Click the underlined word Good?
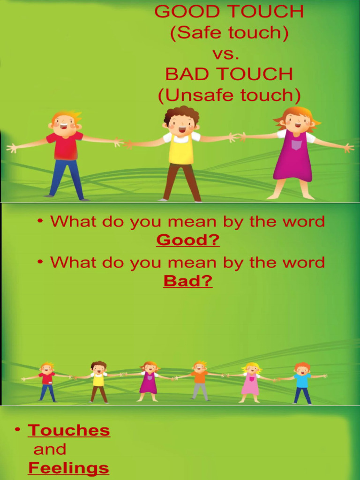tap(187, 240)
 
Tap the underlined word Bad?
tap(187, 281)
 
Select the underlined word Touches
tap(69, 430)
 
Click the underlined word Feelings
tap(68, 468)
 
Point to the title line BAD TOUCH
tap(229, 74)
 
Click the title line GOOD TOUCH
tap(229, 12)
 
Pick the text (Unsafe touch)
tap(229, 95)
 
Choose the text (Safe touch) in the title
tap(229, 33)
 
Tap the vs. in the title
tap(226, 53)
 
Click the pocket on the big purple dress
tap(296, 145)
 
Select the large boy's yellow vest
tap(181, 149)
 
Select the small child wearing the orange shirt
tap(200, 380)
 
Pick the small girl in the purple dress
tap(149, 381)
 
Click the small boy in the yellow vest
tap(98, 381)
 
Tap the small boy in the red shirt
tap(47, 381)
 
